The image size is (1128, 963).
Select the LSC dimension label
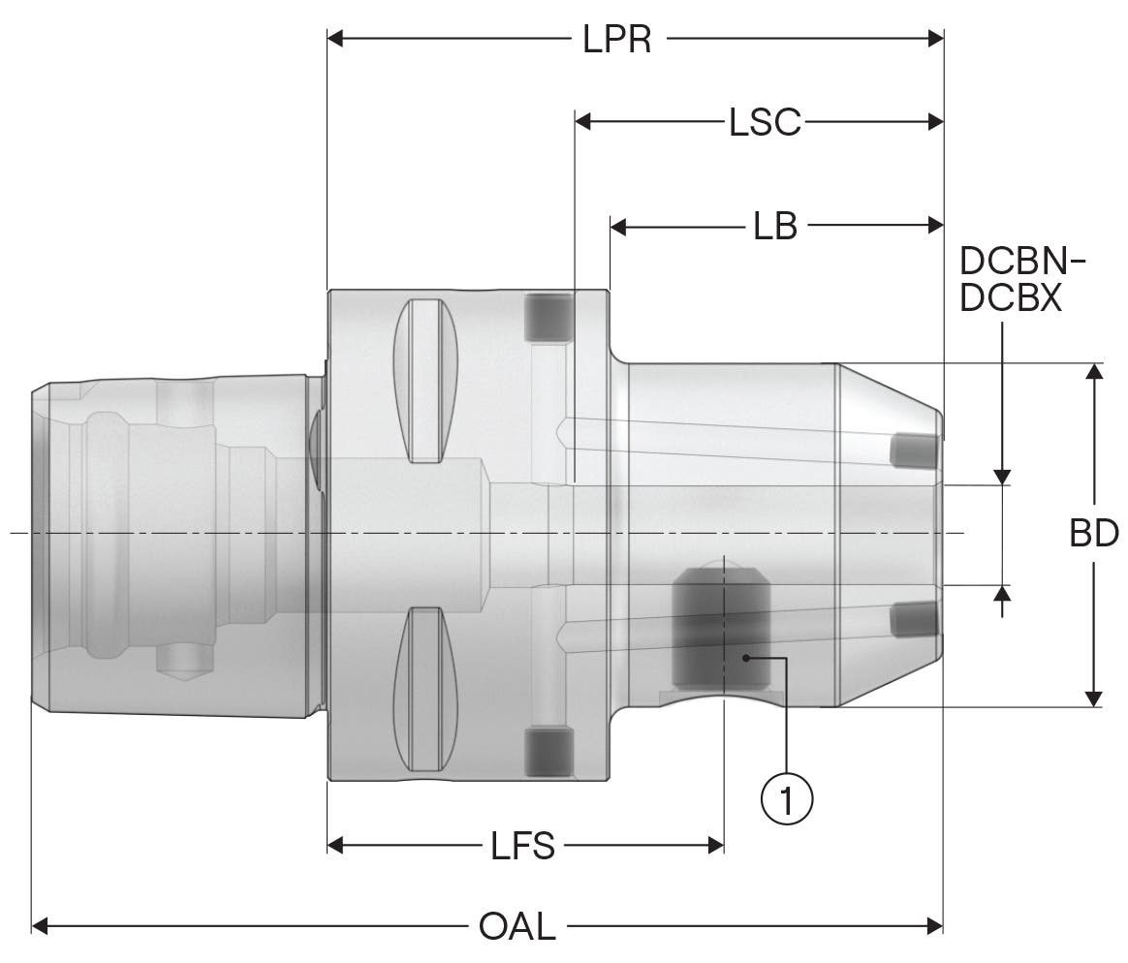coord(764,122)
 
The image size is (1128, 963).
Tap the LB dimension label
coord(775,227)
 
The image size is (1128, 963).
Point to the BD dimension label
coord(1094,533)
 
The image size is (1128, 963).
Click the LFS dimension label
coord(523,846)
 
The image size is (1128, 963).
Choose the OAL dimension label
coord(517,926)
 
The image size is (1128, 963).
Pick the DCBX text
coord(1011,297)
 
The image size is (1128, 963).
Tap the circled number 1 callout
coord(786,798)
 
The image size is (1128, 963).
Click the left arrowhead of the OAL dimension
coord(40,925)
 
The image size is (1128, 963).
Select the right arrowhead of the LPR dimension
coord(935,38)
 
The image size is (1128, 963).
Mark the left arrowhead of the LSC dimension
coord(583,121)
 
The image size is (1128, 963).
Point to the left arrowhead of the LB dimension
coord(618,227)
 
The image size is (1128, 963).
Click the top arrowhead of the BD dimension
coord(1093,372)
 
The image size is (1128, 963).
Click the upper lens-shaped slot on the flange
coord(425,381)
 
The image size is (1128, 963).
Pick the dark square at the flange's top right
coord(548,317)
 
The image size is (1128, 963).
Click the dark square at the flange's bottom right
coord(548,752)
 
